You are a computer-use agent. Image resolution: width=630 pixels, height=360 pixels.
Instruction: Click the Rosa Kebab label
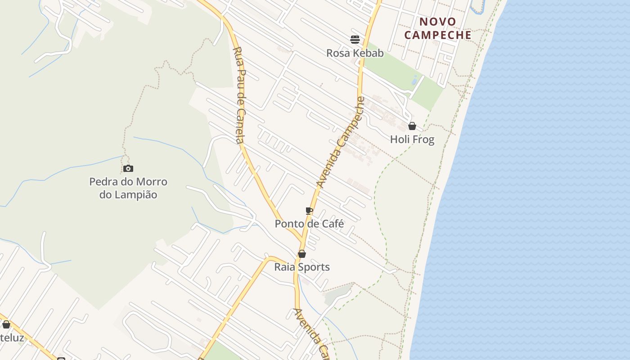click(355, 53)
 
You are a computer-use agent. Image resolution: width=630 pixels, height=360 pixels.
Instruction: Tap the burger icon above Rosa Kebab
click(355, 40)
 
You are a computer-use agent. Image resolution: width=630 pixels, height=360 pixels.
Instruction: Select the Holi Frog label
click(412, 139)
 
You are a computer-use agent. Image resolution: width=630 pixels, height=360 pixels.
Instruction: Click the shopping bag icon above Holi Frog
click(412, 126)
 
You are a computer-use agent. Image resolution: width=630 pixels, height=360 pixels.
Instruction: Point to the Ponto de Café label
click(310, 224)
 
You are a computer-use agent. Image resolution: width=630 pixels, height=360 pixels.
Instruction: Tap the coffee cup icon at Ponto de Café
click(309, 211)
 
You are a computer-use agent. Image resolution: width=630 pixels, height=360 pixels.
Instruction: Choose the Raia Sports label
click(302, 267)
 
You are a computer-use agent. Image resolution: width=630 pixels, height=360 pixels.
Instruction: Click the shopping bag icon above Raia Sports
click(302, 254)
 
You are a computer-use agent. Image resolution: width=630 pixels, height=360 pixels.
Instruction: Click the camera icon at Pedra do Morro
click(128, 168)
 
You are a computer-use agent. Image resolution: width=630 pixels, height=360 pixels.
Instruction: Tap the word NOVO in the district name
click(438, 22)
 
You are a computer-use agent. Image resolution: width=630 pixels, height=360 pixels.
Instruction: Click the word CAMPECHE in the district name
click(438, 35)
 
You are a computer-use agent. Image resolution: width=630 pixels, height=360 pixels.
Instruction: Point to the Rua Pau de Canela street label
click(239, 95)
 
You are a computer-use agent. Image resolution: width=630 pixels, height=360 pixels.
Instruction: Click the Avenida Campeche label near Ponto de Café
click(341, 142)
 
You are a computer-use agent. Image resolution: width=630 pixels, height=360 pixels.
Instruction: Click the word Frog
click(424, 139)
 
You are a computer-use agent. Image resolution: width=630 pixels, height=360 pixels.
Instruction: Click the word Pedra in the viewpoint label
click(103, 182)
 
